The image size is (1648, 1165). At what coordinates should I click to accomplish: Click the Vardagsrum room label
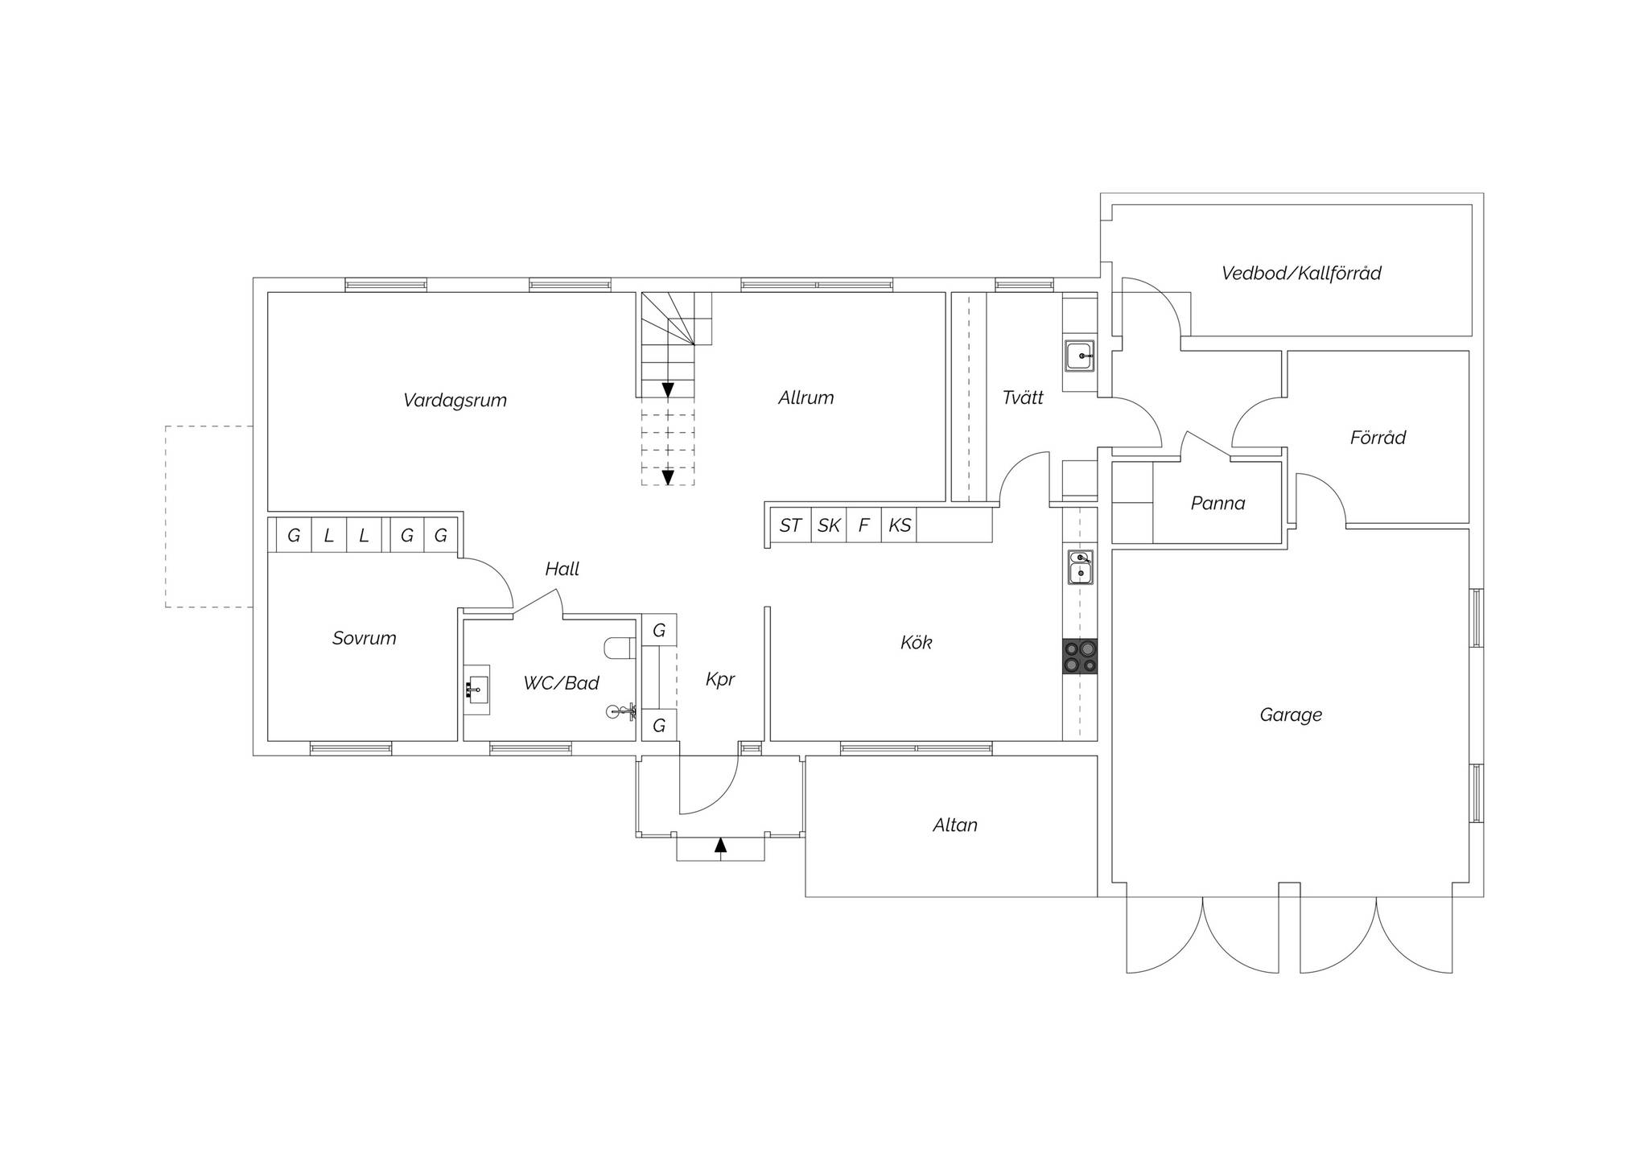click(455, 401)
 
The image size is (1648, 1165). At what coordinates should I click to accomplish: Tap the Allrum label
click(805, 397)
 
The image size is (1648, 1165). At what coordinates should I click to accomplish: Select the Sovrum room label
click(364, 638)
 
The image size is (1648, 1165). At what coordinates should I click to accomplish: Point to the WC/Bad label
click(561, 683)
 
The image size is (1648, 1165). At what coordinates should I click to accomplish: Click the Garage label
click(1291, 714)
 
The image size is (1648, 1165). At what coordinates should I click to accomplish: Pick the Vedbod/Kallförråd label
click(1301, 274)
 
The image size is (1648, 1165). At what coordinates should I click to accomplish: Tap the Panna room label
click(1217, 504)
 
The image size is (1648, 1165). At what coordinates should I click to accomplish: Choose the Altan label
click(955, 825)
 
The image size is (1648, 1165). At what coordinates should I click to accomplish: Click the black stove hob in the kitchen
click(1080, 657)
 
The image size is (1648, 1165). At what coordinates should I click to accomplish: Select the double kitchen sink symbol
click(1080, 567)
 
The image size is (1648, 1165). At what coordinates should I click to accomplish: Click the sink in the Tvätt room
click(1079, 356)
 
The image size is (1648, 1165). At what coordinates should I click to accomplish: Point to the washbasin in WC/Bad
click(477, 690)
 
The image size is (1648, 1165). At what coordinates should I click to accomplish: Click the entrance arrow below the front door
click(720, 845)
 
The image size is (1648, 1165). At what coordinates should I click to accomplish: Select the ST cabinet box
click(790, 525)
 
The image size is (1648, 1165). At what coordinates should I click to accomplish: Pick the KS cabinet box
click(900, 525)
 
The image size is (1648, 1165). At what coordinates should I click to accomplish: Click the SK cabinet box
click(829, 525)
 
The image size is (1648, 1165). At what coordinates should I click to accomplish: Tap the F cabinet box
click(864, 525)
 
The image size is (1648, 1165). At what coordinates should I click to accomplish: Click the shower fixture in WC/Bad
click(621, 711)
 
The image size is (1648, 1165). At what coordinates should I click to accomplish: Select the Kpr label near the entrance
click(720, 680)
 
